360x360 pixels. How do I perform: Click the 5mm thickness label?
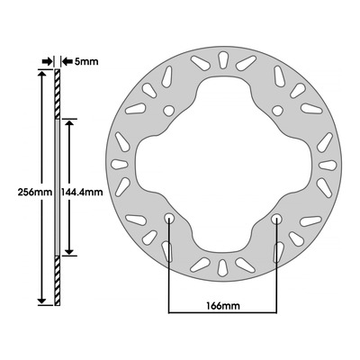pyautogui.click(x=85, y=61)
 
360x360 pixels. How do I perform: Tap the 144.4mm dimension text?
pyautogui.click(x=82, y=192)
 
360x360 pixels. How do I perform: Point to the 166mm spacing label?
pyautogui.click(x=223, y=306)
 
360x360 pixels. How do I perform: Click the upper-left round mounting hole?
pyautogui.click(x=169, y=111)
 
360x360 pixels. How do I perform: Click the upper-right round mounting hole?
pyautogui.click(x=277, y=111)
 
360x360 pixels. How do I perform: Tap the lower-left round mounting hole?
pyautogui.click(x=169, y=219)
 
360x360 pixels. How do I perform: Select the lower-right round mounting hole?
pyautogui.click(x=276, y=219)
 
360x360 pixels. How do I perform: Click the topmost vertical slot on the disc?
pyautogui.click(x=223, y=60)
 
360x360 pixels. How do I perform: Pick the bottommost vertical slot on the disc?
pyautogui.click(x=222, y=267)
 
